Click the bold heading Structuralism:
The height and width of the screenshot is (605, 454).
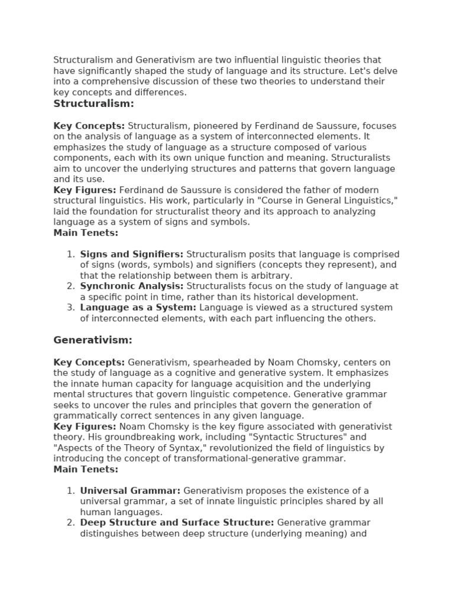pyautogui.click(x=93, y=104)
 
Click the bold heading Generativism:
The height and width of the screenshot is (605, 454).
pyautogui.click(x=93, y=340)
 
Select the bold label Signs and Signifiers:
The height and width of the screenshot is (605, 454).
pyautogui.click(x=132, y=254)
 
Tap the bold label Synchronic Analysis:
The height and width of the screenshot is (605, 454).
pyautogui.click(x=132, y=287)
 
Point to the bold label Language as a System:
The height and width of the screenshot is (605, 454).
pyautogui.click(x=138, y=308)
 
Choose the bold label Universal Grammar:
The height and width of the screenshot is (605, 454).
pyautogui.click(x=131, y=491)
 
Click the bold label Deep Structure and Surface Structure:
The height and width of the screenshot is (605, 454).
pyautogui.click(x=177, y=523)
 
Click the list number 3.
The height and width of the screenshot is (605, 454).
pyautogui.click(x=70, y=308)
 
